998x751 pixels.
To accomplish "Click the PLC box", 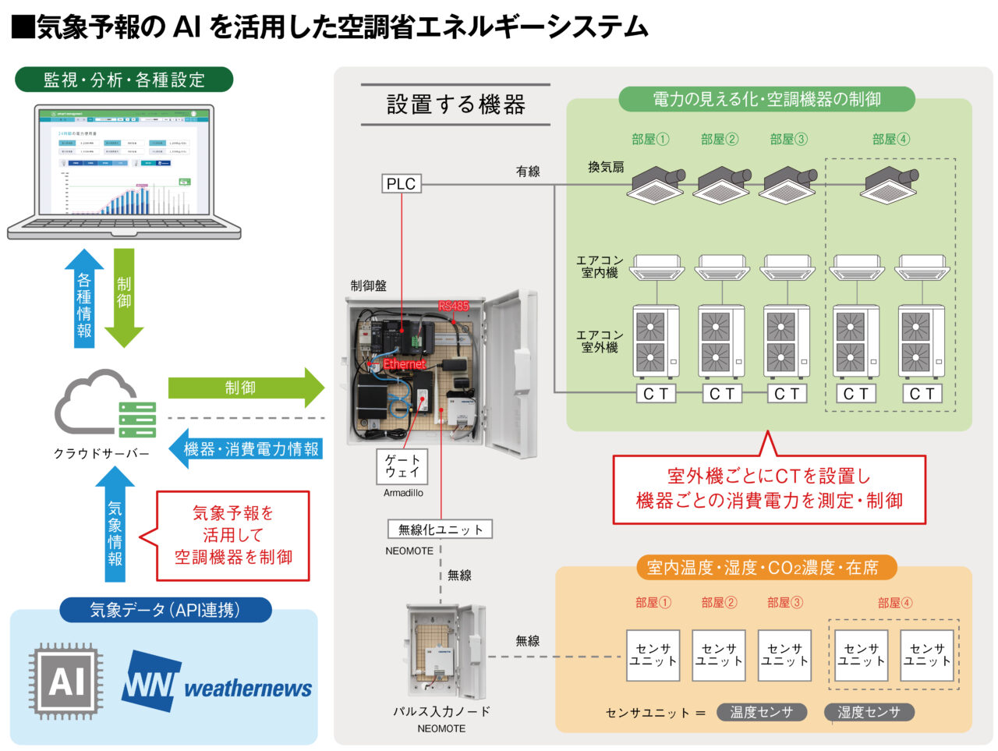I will pyautogui.click(x=402, y=184).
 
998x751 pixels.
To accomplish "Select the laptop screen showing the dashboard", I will pyautogui.click(x=124, y=161).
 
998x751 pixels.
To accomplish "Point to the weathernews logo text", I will pyautogui.click(x=247, y=689).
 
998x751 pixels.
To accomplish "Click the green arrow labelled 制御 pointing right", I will pyautogui.click(x=245, y=388).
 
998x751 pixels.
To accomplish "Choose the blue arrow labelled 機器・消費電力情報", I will pyautogui.click(x=246, y=449).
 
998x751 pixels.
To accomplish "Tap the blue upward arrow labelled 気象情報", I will pyautogui.click(x=115, y=530).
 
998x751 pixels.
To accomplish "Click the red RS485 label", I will pyautogui.click(x=453, y=306).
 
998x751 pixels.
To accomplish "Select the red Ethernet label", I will pyautogui.click(x=404, y=363).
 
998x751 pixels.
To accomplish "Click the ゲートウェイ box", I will pyautogui.click(x=402, y=466).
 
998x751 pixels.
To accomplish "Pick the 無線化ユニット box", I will pyautogui.click(x=440, y=530).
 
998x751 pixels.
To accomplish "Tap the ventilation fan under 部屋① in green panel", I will pyautogui.click(x=656, y=184).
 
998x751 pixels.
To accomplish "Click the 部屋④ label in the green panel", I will pyautogui.click(x=890, y=140).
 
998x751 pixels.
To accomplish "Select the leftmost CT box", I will pyautogui.click(x=655, y=394).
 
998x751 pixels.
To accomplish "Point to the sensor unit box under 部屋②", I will pyautogui.click(x=718, y=655).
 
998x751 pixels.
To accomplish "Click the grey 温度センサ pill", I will pyautogui.click(x=761, y=712).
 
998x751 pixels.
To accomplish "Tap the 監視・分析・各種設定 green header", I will pyautogui.click(x=124, y=80).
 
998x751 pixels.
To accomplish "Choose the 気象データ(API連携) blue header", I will pyautogui.click(x=165, y=610).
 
